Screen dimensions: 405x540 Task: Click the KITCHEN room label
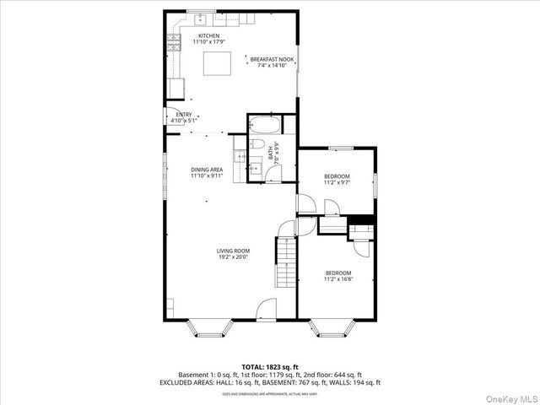point(209,35)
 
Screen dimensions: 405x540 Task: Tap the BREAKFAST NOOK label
point(272,58)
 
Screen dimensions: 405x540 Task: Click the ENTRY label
point(183,115)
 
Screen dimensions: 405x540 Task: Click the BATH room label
point(271,154)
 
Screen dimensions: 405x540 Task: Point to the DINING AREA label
point(207,170)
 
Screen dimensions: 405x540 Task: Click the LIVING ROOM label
point(233,251)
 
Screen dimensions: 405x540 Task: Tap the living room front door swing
point(267,310)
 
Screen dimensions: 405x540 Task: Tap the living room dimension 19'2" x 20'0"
point(233,256)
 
